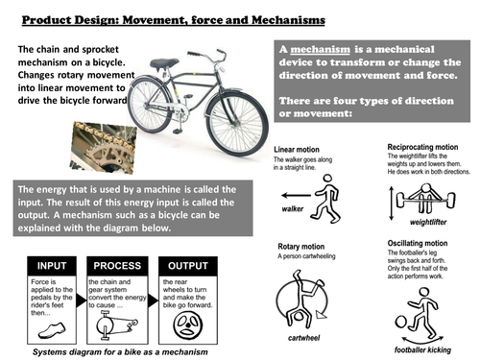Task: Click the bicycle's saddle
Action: (163, 64)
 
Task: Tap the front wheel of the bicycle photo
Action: (237, 123)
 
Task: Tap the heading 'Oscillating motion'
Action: (419, 245)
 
